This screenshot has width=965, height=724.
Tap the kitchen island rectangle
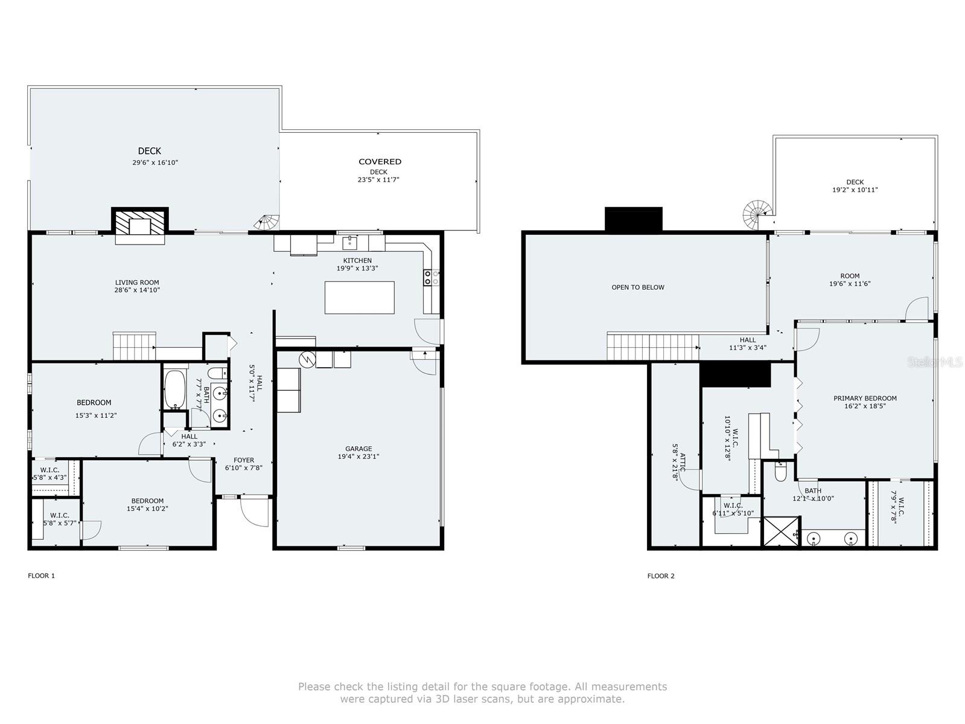(x=359, y=298)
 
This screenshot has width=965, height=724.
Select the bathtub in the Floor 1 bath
(x=175, y=389)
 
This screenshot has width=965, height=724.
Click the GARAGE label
(x=358, y=449)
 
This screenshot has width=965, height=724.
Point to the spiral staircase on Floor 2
(x=757, y=214)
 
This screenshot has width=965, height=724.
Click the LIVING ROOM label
(x=137, y=283)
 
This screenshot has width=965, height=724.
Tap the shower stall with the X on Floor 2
(x=781, y=531)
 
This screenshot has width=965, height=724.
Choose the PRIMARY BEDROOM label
(x=865, y=398)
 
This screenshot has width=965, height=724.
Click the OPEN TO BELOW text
(x=638, y=287)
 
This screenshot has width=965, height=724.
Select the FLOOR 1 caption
(x=41, y=576)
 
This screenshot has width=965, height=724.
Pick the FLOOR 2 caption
(x=661, y=576)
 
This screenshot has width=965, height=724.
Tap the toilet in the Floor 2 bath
(x=780, y=472)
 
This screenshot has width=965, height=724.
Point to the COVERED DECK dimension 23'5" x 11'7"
(x=378, y=179)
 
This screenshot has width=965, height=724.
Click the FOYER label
(x=244, y=460)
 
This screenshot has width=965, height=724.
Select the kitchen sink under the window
(x=350, y=242)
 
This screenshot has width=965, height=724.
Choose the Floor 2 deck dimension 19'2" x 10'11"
(x=855, y=190)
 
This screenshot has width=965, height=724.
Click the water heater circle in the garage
(x=307, y=359)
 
